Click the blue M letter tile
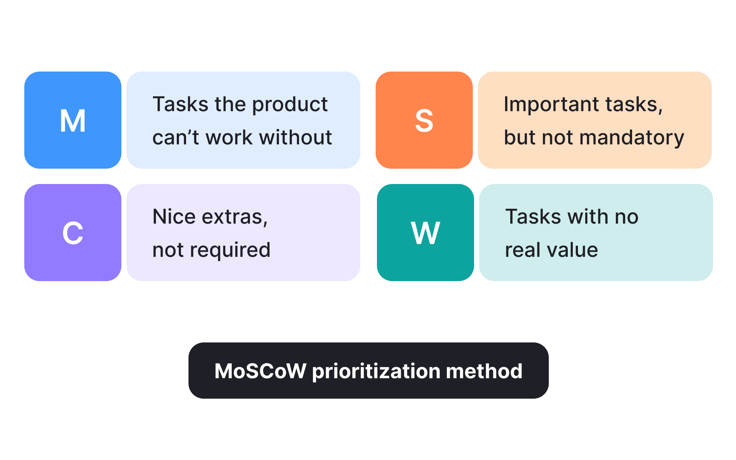[73, 120]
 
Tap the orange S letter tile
[424, 120]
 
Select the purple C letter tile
[73, 233]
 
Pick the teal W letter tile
[425, 233]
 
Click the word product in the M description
[290, 105]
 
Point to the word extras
[234, 217]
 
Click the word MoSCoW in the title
[260, 371]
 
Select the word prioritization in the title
[376, 371]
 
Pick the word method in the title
[484, 371]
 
